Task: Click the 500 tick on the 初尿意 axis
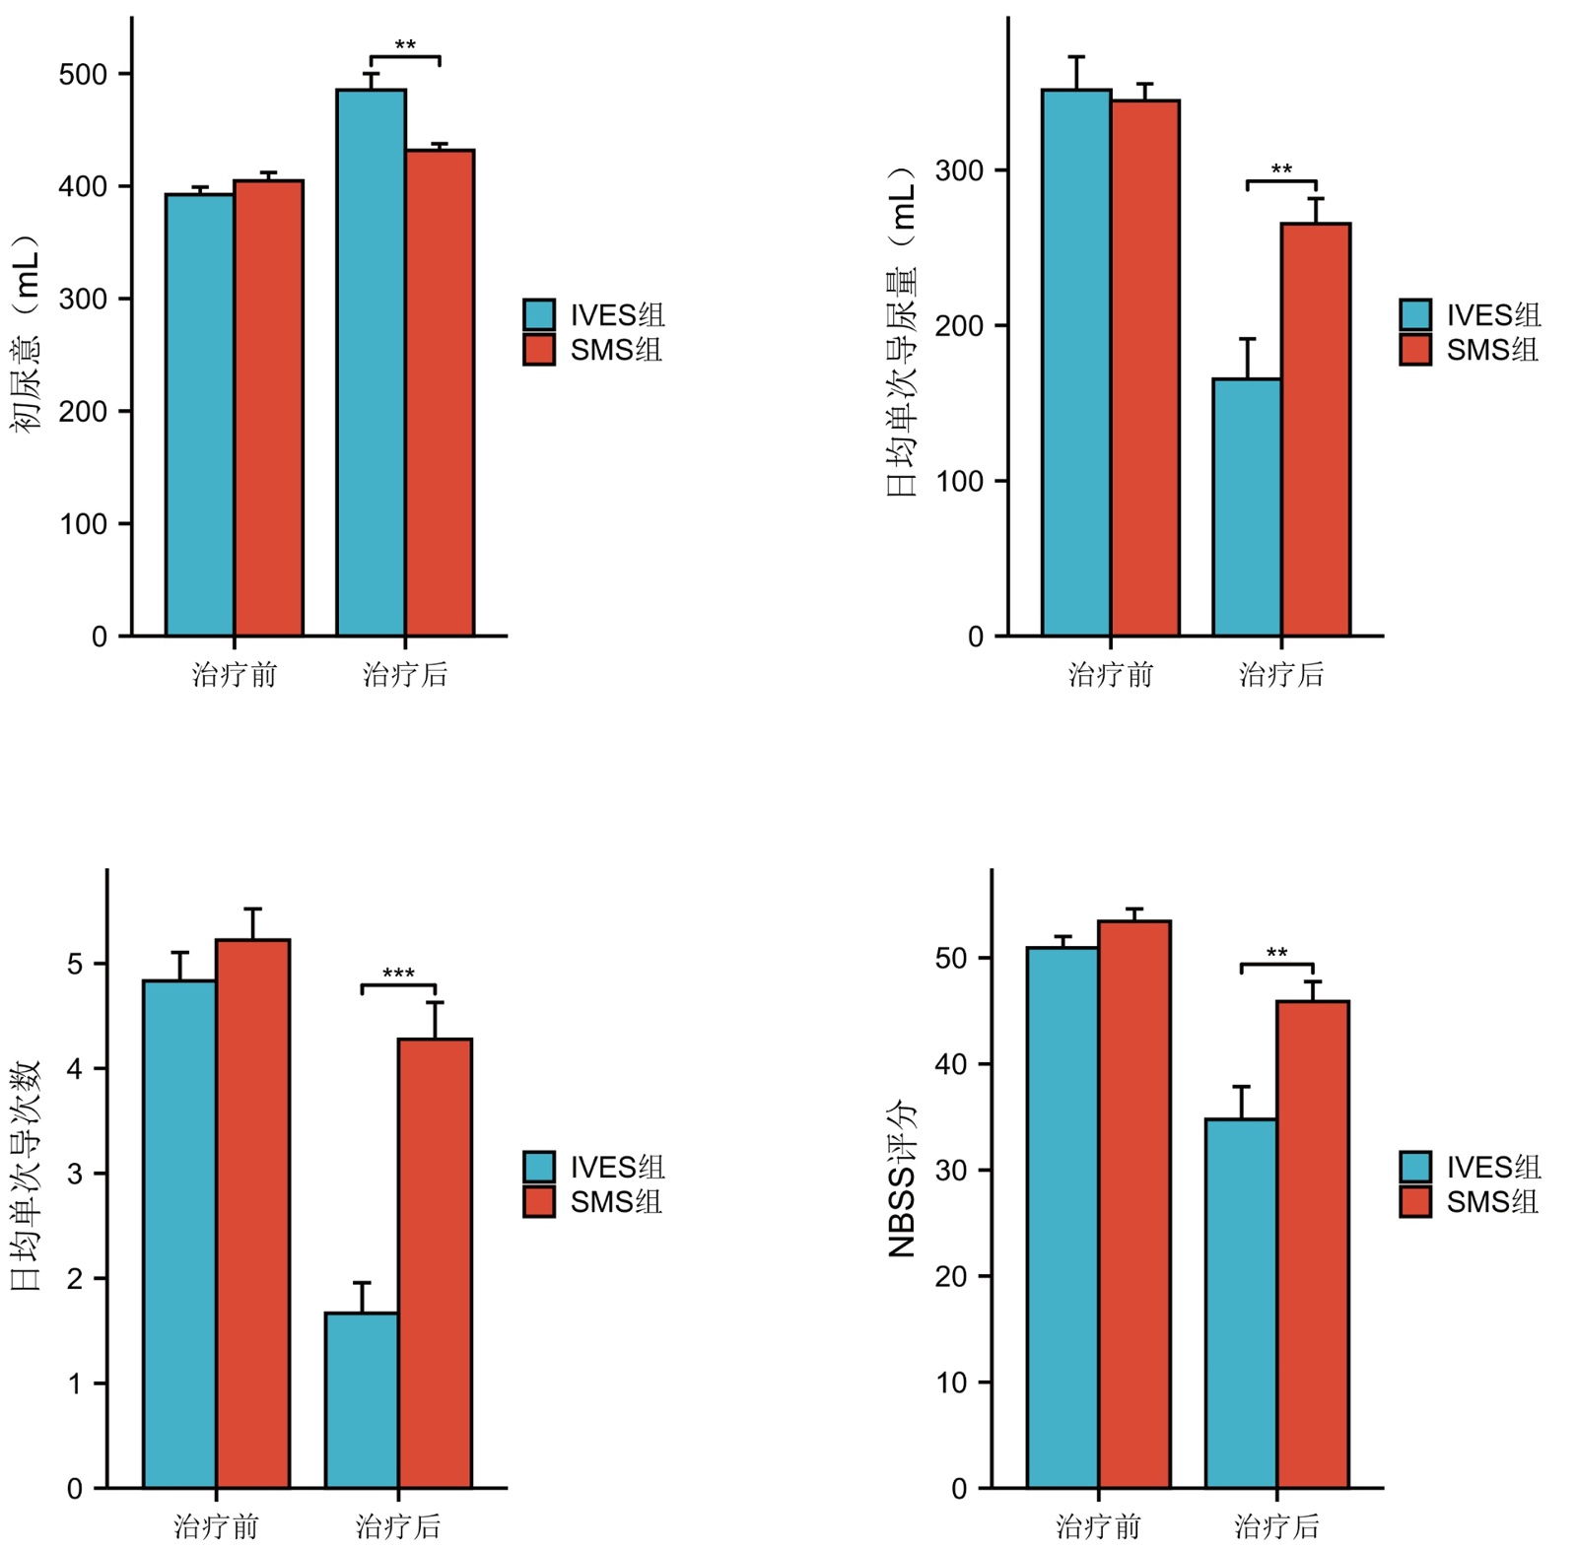pyautogui.click(x=83, y=75)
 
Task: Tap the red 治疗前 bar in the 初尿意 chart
pyautogui.click(x=268, y=408)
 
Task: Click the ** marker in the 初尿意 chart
pyautogui.click(x=405, y=46)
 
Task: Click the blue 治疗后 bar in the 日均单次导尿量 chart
pyautogui.click(x=1247, y=507)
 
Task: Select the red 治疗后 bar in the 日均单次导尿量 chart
pyautogui.click(x=1316, y=430)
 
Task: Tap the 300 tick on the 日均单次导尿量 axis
pyautogui.click(x=959, y=170)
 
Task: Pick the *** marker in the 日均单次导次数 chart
pyautogui.click(x=398, y=975)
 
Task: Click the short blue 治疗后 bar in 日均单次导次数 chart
pyautogui.click(x=362, y=1400)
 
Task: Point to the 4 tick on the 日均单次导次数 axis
pyautogui.click(x=75, y=1068)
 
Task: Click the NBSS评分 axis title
pyautogui.click(x=902, y=1179)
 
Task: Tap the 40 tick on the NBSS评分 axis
pyautogui.click(x=951, y=1064)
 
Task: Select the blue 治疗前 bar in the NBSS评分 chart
pyautogui.click(x=1063, y=1218)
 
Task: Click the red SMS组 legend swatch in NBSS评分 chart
pyautogui.click(x=1415, y=1202)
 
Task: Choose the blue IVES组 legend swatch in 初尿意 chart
pyautogui.click(x=538, y=314)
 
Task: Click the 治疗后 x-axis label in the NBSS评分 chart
pyautogui.click(x=1276, y=1526)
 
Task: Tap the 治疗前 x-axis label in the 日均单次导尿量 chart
pyautogui.click(x=1111, y=675)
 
